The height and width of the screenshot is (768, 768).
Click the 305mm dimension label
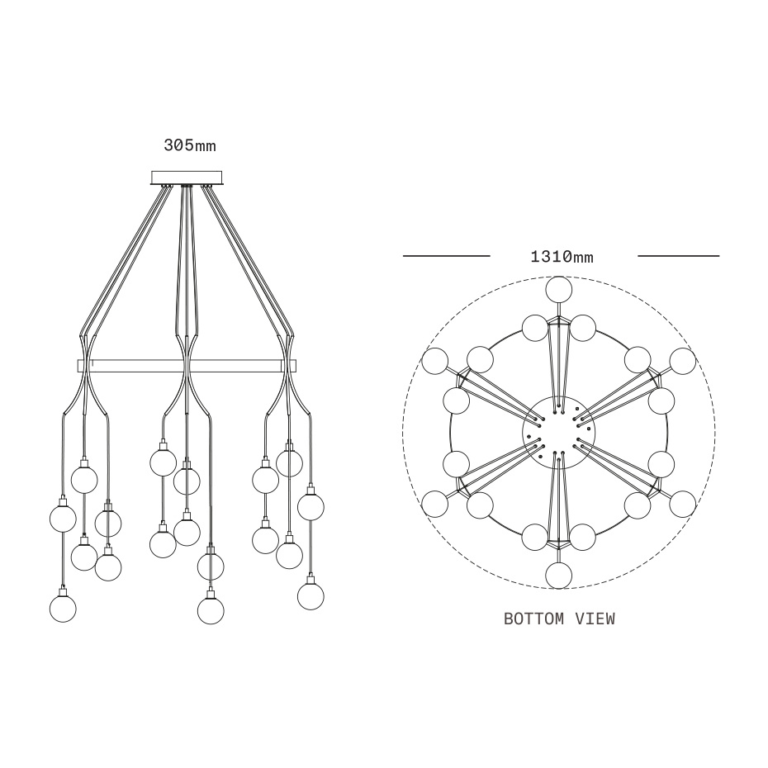tap(190, 145)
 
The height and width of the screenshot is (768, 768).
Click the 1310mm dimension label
tap(562, 256)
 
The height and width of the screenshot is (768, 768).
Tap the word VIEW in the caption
tap(595, 619)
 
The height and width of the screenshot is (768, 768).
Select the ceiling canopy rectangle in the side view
tap(187, 178)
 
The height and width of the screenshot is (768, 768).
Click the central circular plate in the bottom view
tap(559, 431)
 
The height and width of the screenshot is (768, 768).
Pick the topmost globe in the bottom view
tap(559, 290)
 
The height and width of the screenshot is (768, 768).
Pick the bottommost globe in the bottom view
tap(559, 575)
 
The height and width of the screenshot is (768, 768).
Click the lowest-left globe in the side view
tap(64, 609)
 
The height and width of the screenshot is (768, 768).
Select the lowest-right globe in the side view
tap(311, 596)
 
